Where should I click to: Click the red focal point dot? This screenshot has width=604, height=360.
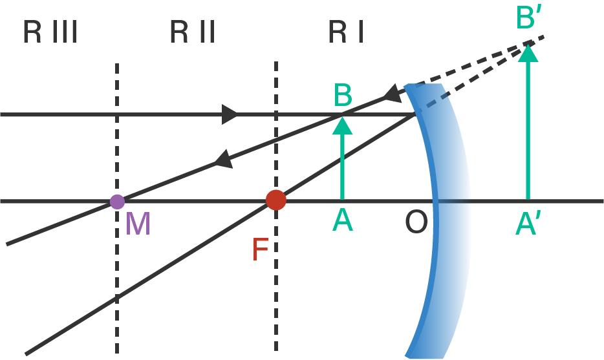pos(276,200)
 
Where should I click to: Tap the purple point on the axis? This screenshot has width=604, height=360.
pos(117,202)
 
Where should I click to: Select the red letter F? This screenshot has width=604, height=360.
pos(260,249)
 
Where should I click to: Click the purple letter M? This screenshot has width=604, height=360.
pos(138,224)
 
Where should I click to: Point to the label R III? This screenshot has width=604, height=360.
pos(50,32)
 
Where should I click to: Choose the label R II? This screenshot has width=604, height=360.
pos(192,32)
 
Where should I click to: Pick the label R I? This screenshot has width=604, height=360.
pos(345,32)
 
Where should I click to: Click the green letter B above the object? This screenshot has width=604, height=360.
pos(343,96)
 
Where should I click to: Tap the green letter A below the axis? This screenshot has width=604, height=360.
pos(342,221)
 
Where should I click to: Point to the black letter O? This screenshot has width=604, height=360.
pos(416,223)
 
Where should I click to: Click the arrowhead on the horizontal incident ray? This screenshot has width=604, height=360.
pos(230,114)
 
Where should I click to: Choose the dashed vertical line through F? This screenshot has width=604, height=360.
pos(276,291)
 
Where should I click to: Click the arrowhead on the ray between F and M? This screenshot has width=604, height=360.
pos(223,159)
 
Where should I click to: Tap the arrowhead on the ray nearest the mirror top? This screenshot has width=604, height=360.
pos(393,94)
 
